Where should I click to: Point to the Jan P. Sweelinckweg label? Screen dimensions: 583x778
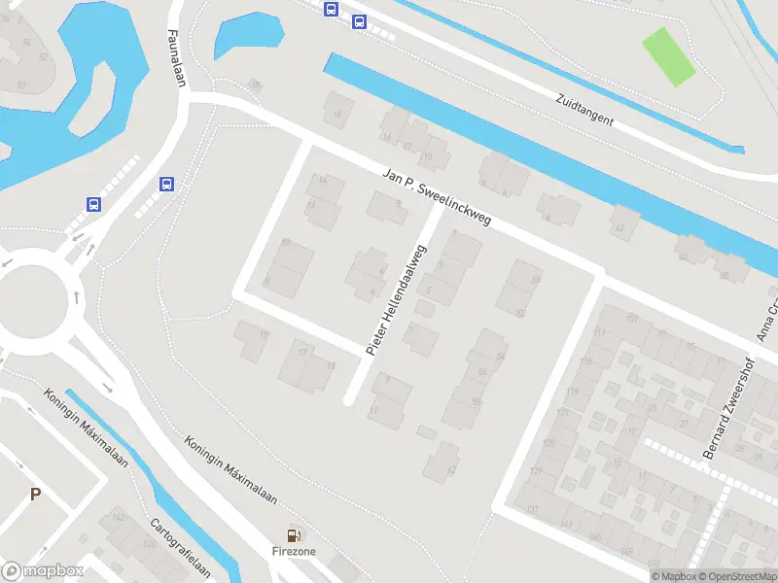click(x=437, y=197)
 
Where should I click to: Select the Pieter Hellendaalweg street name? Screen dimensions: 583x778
click(x=397, y=296)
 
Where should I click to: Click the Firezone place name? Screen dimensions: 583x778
click(x=293, y=551)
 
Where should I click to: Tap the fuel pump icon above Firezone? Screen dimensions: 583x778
click(x=293, y=534)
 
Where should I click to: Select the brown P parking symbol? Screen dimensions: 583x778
click(x=35, y=495)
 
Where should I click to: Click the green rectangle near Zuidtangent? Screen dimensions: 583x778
click(x=669, y=55)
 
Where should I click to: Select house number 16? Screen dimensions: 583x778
click(x=337, y=115)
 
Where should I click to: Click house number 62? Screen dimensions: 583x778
click(x=450, y=470)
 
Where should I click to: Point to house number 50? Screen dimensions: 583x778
click(x=535, y=280)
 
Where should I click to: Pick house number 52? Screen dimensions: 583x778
click(x=520, y=313)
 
